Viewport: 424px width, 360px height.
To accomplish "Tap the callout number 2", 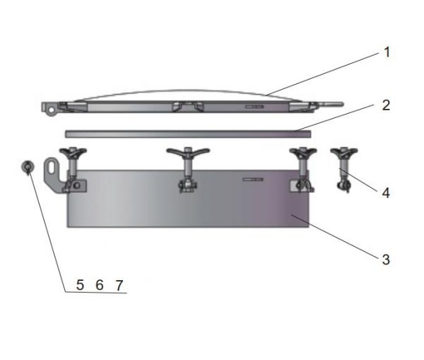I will [386, 105].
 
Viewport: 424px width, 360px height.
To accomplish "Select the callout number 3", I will [386, 260].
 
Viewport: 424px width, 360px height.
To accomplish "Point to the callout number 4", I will [386, 192].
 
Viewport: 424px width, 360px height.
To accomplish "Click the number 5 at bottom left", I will [80, 284].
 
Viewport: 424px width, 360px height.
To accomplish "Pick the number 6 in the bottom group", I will [100, 284].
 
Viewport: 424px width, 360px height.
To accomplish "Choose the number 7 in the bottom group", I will [119, 284].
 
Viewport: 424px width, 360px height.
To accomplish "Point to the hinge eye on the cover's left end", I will [49, 108].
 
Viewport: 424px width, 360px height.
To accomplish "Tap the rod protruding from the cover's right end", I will [334, 106].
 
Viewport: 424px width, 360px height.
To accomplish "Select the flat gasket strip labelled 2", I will [184, 133].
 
